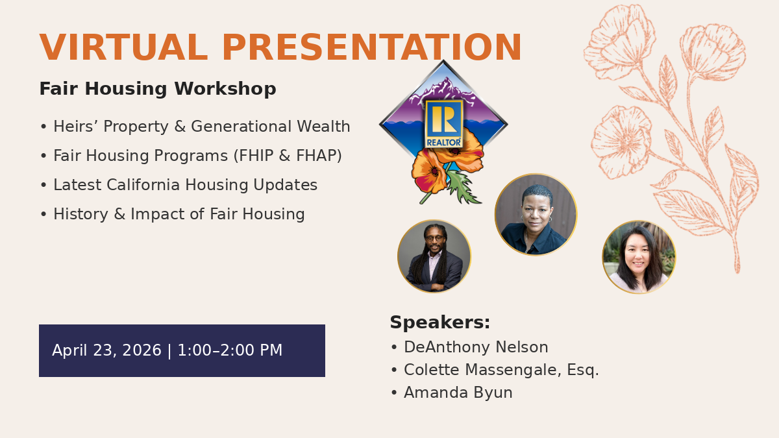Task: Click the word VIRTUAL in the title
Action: tap(123, 47)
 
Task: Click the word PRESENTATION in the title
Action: tap(372, 47)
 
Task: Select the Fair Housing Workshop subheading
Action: tap(158, 89)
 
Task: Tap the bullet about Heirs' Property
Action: tap(195, 126)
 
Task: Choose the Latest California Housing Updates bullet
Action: tap(179, 184)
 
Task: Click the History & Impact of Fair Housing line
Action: tap(173, 213)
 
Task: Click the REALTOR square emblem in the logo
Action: tap(444, 124)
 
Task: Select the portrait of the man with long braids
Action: tap(434, 256)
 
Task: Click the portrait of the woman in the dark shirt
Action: tap(536, 214)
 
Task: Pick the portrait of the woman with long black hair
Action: tap(639, 257)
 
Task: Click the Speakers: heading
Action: tap(440, 322)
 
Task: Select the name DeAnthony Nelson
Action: tap(476, 347)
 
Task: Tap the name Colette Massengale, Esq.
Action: tap(501, 369)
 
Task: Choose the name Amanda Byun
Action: tap(458, 393)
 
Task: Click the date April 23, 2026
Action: tap(106, 350)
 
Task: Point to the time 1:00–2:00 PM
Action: tap(230, 350)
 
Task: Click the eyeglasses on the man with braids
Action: tap(434, 239)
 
